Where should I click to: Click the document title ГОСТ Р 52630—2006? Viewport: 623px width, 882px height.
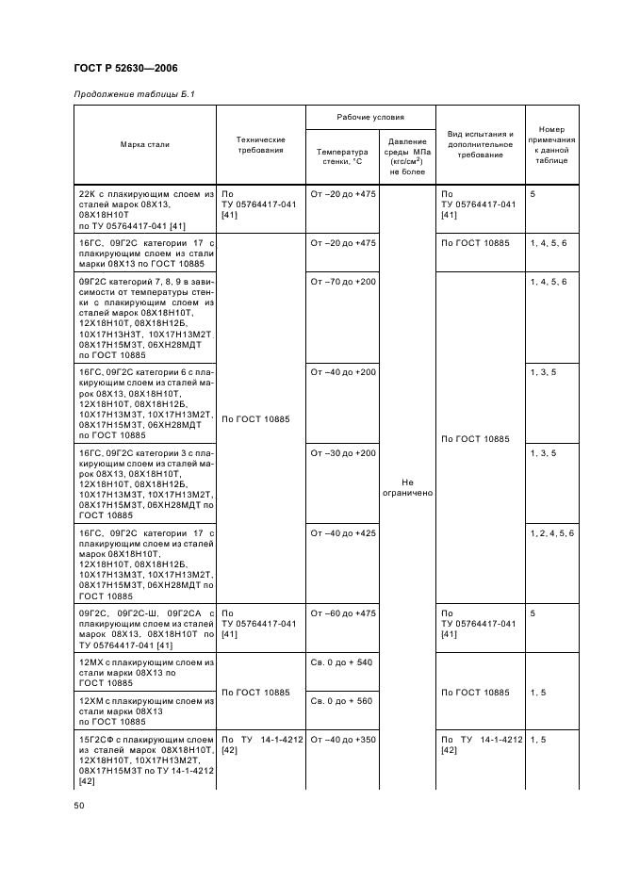tap(124, 69)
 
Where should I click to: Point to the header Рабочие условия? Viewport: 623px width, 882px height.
tap(370, 118)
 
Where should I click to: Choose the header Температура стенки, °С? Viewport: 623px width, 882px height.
tap(341, 156)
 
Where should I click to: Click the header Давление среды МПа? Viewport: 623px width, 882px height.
tap(408, 155)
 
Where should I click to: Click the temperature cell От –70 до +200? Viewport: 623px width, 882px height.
tap(342, 282)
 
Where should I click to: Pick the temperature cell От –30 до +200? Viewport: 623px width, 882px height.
tap(342, 453)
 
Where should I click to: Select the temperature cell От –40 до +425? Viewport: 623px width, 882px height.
tap(342, 533)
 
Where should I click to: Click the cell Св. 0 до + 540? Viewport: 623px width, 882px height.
tap(341, 662)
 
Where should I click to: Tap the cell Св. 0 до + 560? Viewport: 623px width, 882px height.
tap(341, 701)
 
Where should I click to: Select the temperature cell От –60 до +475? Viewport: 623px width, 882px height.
tap(342, 613)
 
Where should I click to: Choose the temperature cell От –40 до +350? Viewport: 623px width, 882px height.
tap(342, 740)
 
